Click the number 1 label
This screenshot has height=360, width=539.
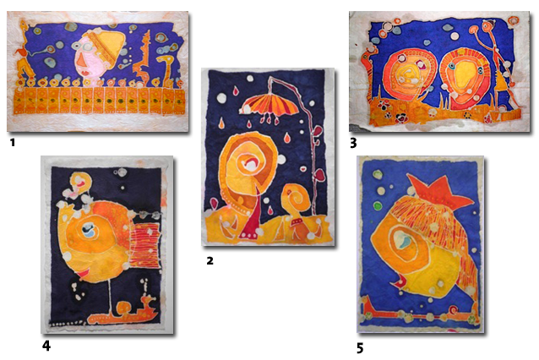(13, 142)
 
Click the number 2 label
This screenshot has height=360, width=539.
(210, 260)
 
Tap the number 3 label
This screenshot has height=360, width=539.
(353, 143)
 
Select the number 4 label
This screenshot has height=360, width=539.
(46, 346)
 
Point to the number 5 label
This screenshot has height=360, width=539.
(360, 349)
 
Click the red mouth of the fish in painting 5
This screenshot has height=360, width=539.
(399, 282)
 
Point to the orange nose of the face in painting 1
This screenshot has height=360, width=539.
(81, 62)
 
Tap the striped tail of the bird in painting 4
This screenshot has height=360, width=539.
(145, 245)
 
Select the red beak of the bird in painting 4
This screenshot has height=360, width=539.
(83, 274)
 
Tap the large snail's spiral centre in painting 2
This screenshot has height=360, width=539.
(250, 164)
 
